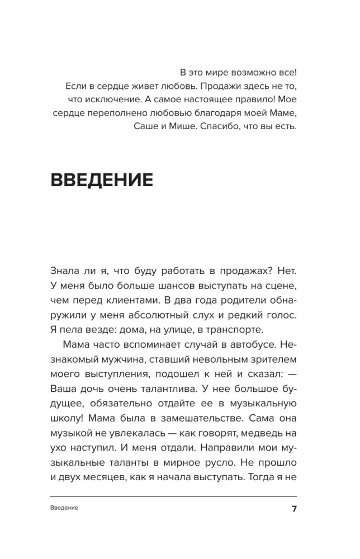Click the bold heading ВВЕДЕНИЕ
pos(102,180)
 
